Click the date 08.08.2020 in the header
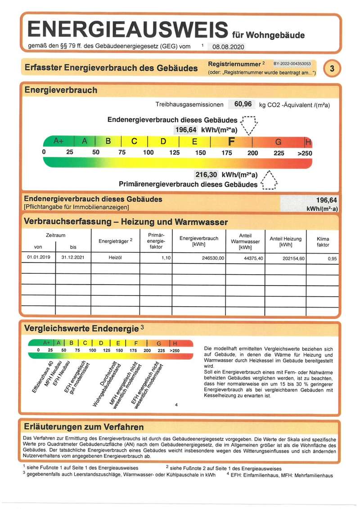point(229,46)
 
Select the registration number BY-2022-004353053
point(292,64)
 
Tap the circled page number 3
point(332,68)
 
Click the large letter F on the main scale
point(232,142)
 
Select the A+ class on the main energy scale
point(59,141)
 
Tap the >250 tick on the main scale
point(304,153)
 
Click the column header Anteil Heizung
point(285,241)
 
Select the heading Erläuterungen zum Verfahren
point(84,427)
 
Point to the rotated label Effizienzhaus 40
point(44,378)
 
